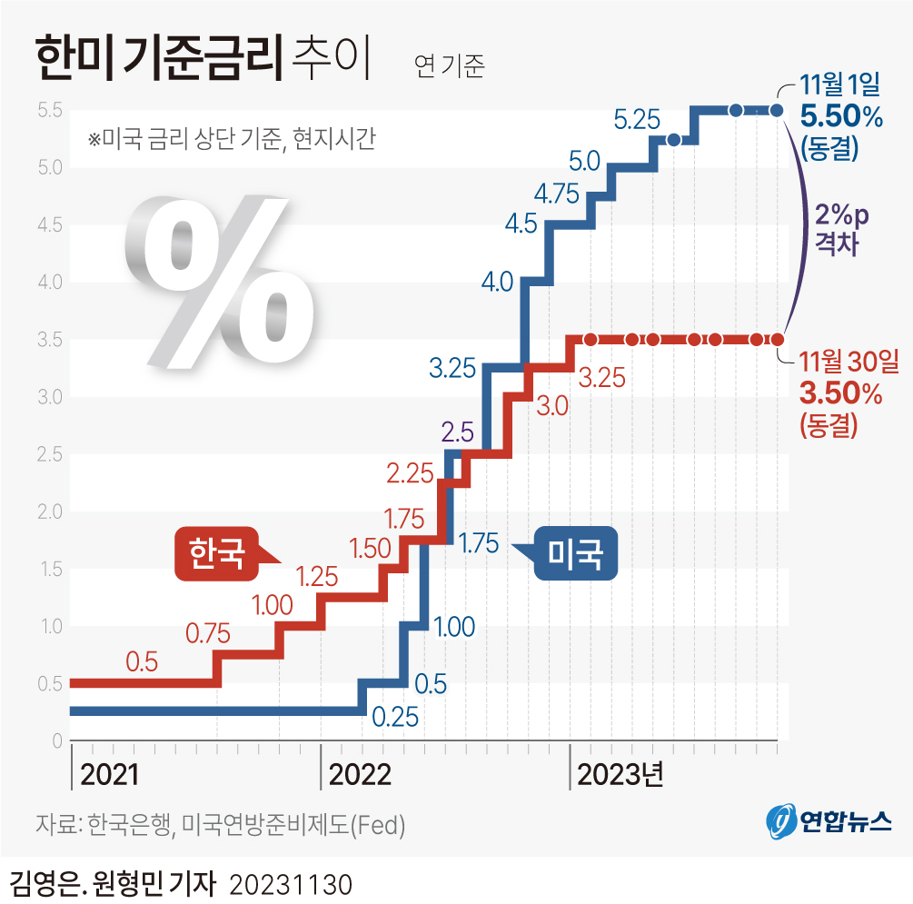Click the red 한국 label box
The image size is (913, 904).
point(215,552)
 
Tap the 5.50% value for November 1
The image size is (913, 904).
point(840,116)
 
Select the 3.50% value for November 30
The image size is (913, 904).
point(840,393)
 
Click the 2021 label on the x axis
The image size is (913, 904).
point(110,774)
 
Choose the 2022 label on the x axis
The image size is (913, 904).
point(360,774)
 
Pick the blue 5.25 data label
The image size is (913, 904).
point(636,119)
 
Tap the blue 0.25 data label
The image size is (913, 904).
point(394,717)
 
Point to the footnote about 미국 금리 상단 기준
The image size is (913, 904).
point(232,140)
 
